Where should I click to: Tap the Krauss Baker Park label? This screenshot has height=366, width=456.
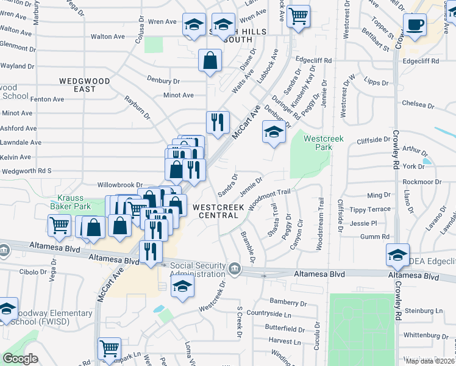click(x=74, y=202)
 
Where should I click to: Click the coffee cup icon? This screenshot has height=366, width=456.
click(x=415, y=24)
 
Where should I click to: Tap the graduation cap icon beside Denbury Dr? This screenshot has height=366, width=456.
click(x=274, y=131)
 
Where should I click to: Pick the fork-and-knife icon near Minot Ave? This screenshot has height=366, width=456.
click(x=217, y=123)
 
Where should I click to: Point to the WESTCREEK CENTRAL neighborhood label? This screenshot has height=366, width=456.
click(x=218, y=211)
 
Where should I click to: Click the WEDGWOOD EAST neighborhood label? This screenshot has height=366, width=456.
click(x=85, y=85)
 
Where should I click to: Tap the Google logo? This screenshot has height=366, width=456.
click(x=20, y=359)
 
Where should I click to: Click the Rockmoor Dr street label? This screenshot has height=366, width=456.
click(x=422, y=182)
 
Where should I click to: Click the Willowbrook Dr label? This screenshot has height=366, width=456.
click(x=119, y=184)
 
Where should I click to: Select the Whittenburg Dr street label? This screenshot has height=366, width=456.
click(x=426, y=335)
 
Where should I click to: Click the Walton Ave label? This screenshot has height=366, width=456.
click(x=108, y=37)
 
